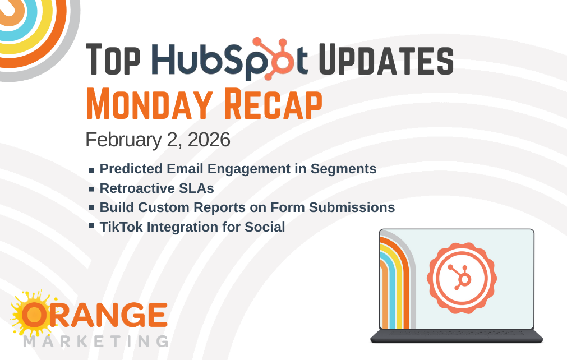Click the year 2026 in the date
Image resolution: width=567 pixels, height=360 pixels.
(208, 140)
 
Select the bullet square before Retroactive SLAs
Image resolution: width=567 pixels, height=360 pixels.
(91, 189)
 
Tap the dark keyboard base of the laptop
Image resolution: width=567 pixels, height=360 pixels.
(457, 336)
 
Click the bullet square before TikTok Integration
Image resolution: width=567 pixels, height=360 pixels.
(91, 226)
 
